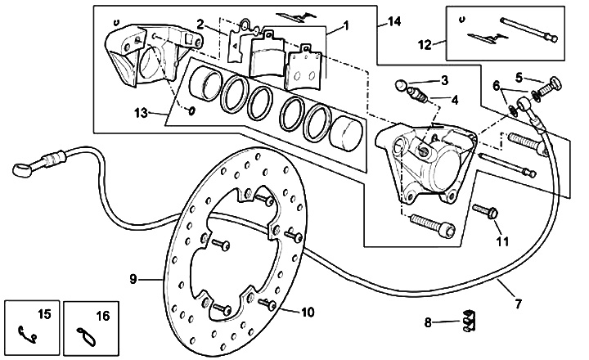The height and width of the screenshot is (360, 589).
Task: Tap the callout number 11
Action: [501, 242]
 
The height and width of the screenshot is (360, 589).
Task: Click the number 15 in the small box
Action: [44, 314]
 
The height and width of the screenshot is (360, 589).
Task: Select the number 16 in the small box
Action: [103, 314]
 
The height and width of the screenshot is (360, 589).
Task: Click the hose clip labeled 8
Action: [467, 322]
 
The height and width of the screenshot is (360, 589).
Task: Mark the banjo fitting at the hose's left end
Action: [23, 169]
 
